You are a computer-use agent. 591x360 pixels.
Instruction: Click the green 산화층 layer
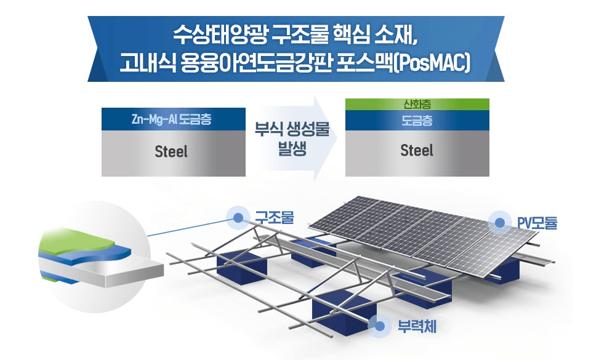(x=417, y=104)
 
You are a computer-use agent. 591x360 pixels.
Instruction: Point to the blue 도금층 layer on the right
(x=417, y=121)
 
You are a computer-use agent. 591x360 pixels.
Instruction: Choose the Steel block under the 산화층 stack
(x=417, y=151)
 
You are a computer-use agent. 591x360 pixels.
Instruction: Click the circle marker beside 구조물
(x=237, y=217)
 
